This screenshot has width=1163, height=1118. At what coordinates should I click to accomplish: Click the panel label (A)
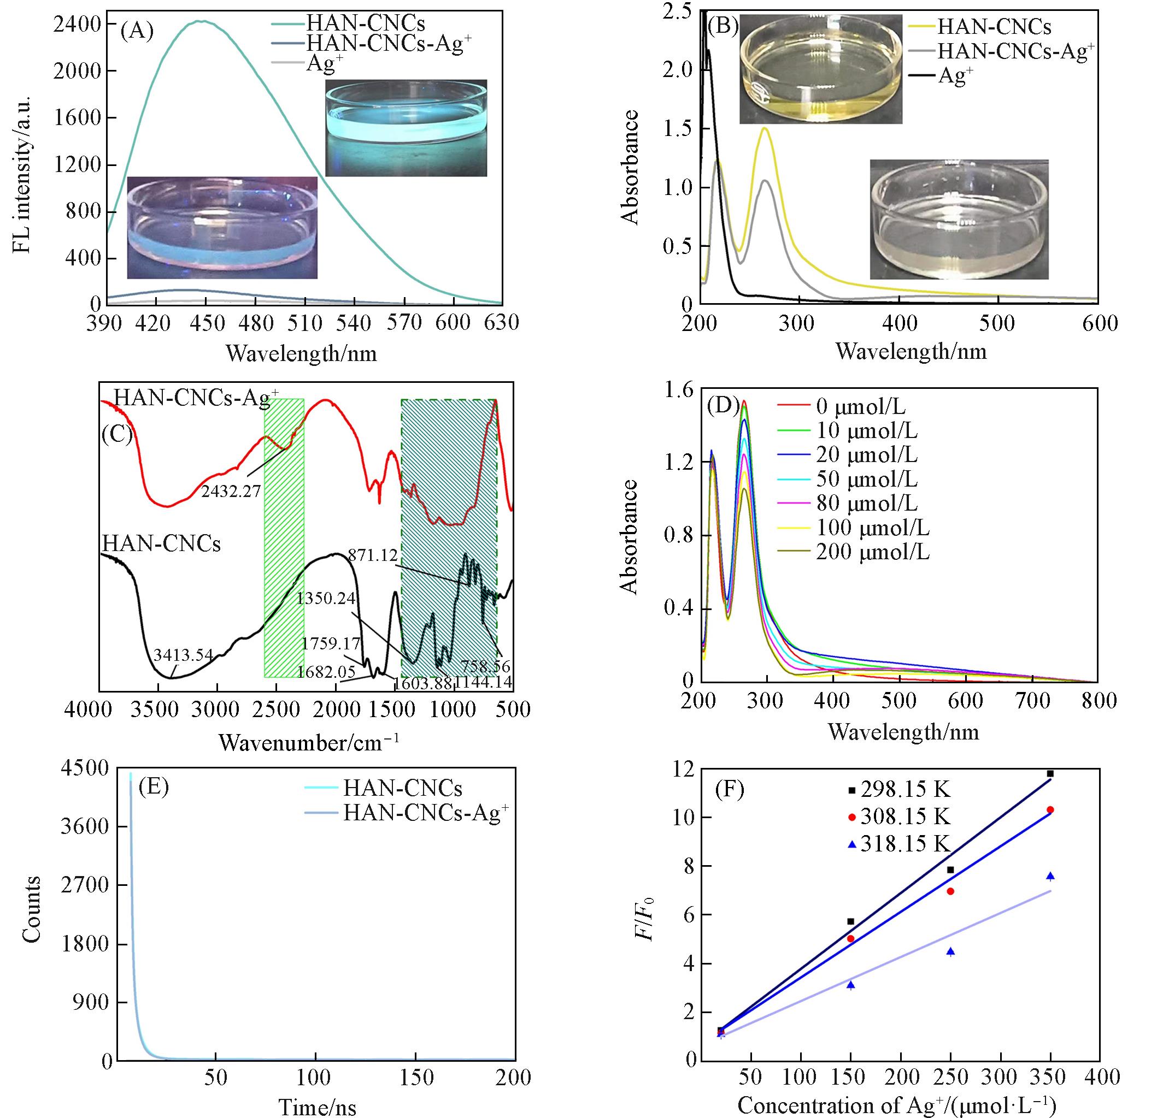(137, 30)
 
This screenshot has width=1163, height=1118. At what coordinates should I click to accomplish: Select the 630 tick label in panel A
(501, 323)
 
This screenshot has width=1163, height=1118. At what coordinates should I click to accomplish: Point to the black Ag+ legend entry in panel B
(955, 76)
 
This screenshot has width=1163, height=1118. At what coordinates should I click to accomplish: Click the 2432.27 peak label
(231, 491)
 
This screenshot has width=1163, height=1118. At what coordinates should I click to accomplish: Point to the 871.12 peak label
(373, 556)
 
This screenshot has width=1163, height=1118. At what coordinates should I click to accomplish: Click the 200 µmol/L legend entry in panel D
(872, 552)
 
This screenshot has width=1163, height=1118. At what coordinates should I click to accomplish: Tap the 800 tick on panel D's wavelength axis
(1099, 701)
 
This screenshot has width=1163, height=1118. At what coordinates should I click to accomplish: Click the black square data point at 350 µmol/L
(1050, 773)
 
